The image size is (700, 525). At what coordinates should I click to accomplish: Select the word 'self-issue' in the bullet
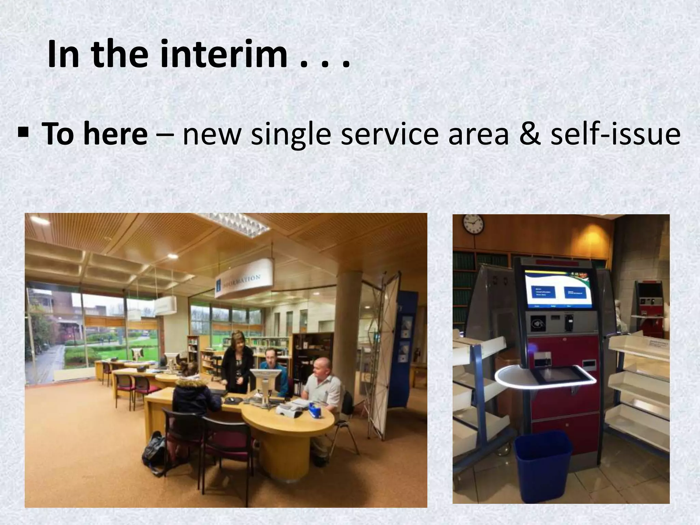point(615,134)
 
